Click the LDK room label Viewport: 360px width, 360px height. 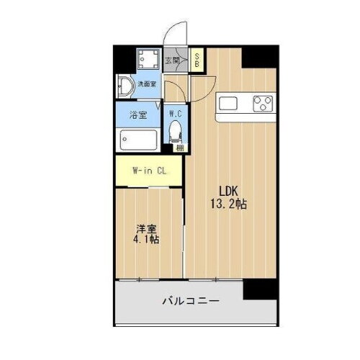(x=230, y=192)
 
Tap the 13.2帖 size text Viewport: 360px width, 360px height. (x=230, y=204)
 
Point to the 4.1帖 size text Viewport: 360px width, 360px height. (x=146, y=240)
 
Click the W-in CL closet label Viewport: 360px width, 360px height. (x=149, y=171)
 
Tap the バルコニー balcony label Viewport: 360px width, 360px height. (x=190, y=300)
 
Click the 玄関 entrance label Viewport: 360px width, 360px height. (x=172, y=60)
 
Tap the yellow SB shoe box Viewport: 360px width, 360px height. (x=195, y=60)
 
